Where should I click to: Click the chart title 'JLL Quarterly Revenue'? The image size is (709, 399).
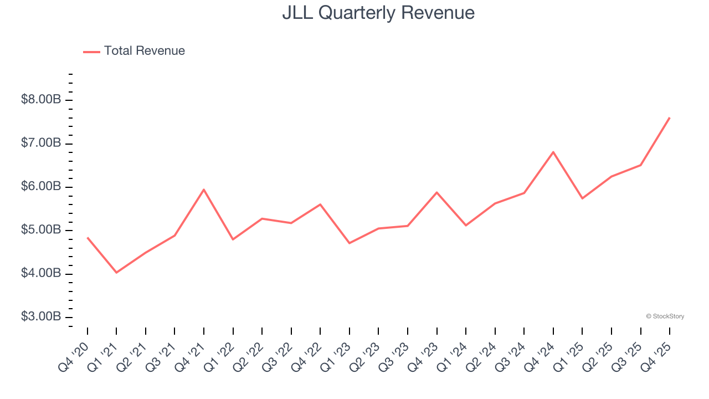(x=378, y=13)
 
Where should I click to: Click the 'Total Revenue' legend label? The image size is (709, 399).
(x=144, y=51)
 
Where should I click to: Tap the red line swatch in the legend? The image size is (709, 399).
(x=91, y=52)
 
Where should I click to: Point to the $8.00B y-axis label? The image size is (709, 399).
(x=40, y=100)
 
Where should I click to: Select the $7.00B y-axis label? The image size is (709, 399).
(x=40, y=144)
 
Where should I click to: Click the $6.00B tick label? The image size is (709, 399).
(x=40, y=187)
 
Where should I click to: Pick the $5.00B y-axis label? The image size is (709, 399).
(x=40, y=230)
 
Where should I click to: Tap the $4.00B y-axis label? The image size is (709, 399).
(x=40, y=274)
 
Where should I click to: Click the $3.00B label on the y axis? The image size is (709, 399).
(x=40, y=317)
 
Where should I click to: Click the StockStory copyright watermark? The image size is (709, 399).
(x=665, y=316)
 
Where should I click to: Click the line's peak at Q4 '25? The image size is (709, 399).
(x=670, y=117)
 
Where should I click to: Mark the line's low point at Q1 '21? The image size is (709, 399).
(x=116, y=273)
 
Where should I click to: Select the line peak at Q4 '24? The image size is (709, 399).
(x=553, y=152)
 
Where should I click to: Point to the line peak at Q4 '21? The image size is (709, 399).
(x=204, y=190)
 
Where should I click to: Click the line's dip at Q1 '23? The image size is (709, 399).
(x=350, y=243)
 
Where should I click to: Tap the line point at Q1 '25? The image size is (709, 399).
(x=582, y=198)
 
